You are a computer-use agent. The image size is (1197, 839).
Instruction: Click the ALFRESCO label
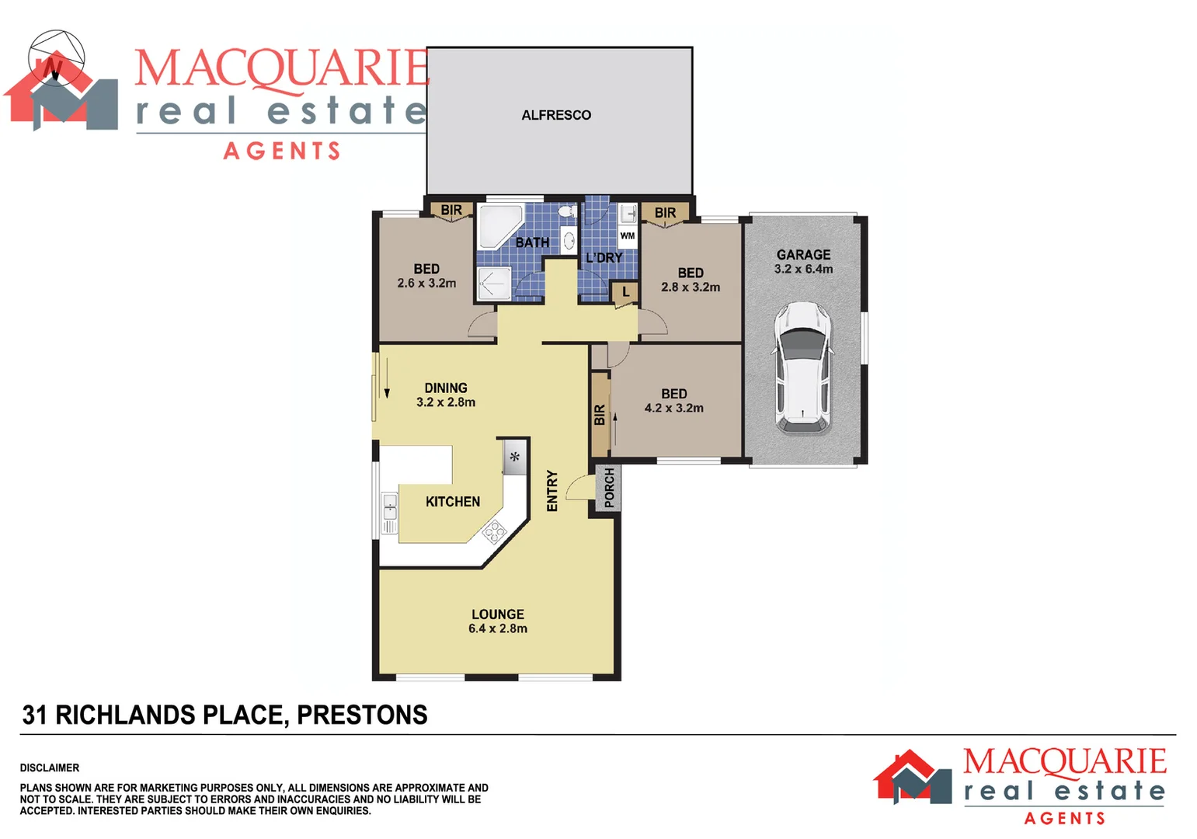pos(556,115)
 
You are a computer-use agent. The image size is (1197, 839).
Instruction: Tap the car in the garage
pos(802,367)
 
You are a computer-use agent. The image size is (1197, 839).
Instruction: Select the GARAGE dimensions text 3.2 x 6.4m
pos(803,269)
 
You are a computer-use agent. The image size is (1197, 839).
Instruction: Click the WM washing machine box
pos(627,235)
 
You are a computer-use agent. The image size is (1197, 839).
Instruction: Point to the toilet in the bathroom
pos(566,211)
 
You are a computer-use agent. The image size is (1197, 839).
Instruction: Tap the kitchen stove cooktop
pos(494,531)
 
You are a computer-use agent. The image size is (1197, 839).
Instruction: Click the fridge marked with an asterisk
pos(514,457)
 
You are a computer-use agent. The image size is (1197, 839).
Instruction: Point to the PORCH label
pos(609,488)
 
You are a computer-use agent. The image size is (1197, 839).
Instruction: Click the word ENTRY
pos(552,491)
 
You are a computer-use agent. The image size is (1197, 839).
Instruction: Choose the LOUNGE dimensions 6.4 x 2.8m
pos(497,628)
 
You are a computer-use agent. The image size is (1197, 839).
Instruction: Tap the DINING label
pos(446,388)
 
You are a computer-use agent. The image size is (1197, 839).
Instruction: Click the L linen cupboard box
pos(625,292)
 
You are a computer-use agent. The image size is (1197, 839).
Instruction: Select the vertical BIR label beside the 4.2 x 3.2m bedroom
pos(600,415)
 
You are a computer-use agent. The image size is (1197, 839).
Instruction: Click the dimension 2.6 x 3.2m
pos(426,283)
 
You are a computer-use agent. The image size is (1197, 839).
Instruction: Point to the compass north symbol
pos(56,59)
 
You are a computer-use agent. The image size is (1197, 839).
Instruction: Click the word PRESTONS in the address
pos(362,715)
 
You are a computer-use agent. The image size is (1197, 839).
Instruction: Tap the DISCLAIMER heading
pos(50,768)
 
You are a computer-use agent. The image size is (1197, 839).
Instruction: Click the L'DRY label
pos(604,257)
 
